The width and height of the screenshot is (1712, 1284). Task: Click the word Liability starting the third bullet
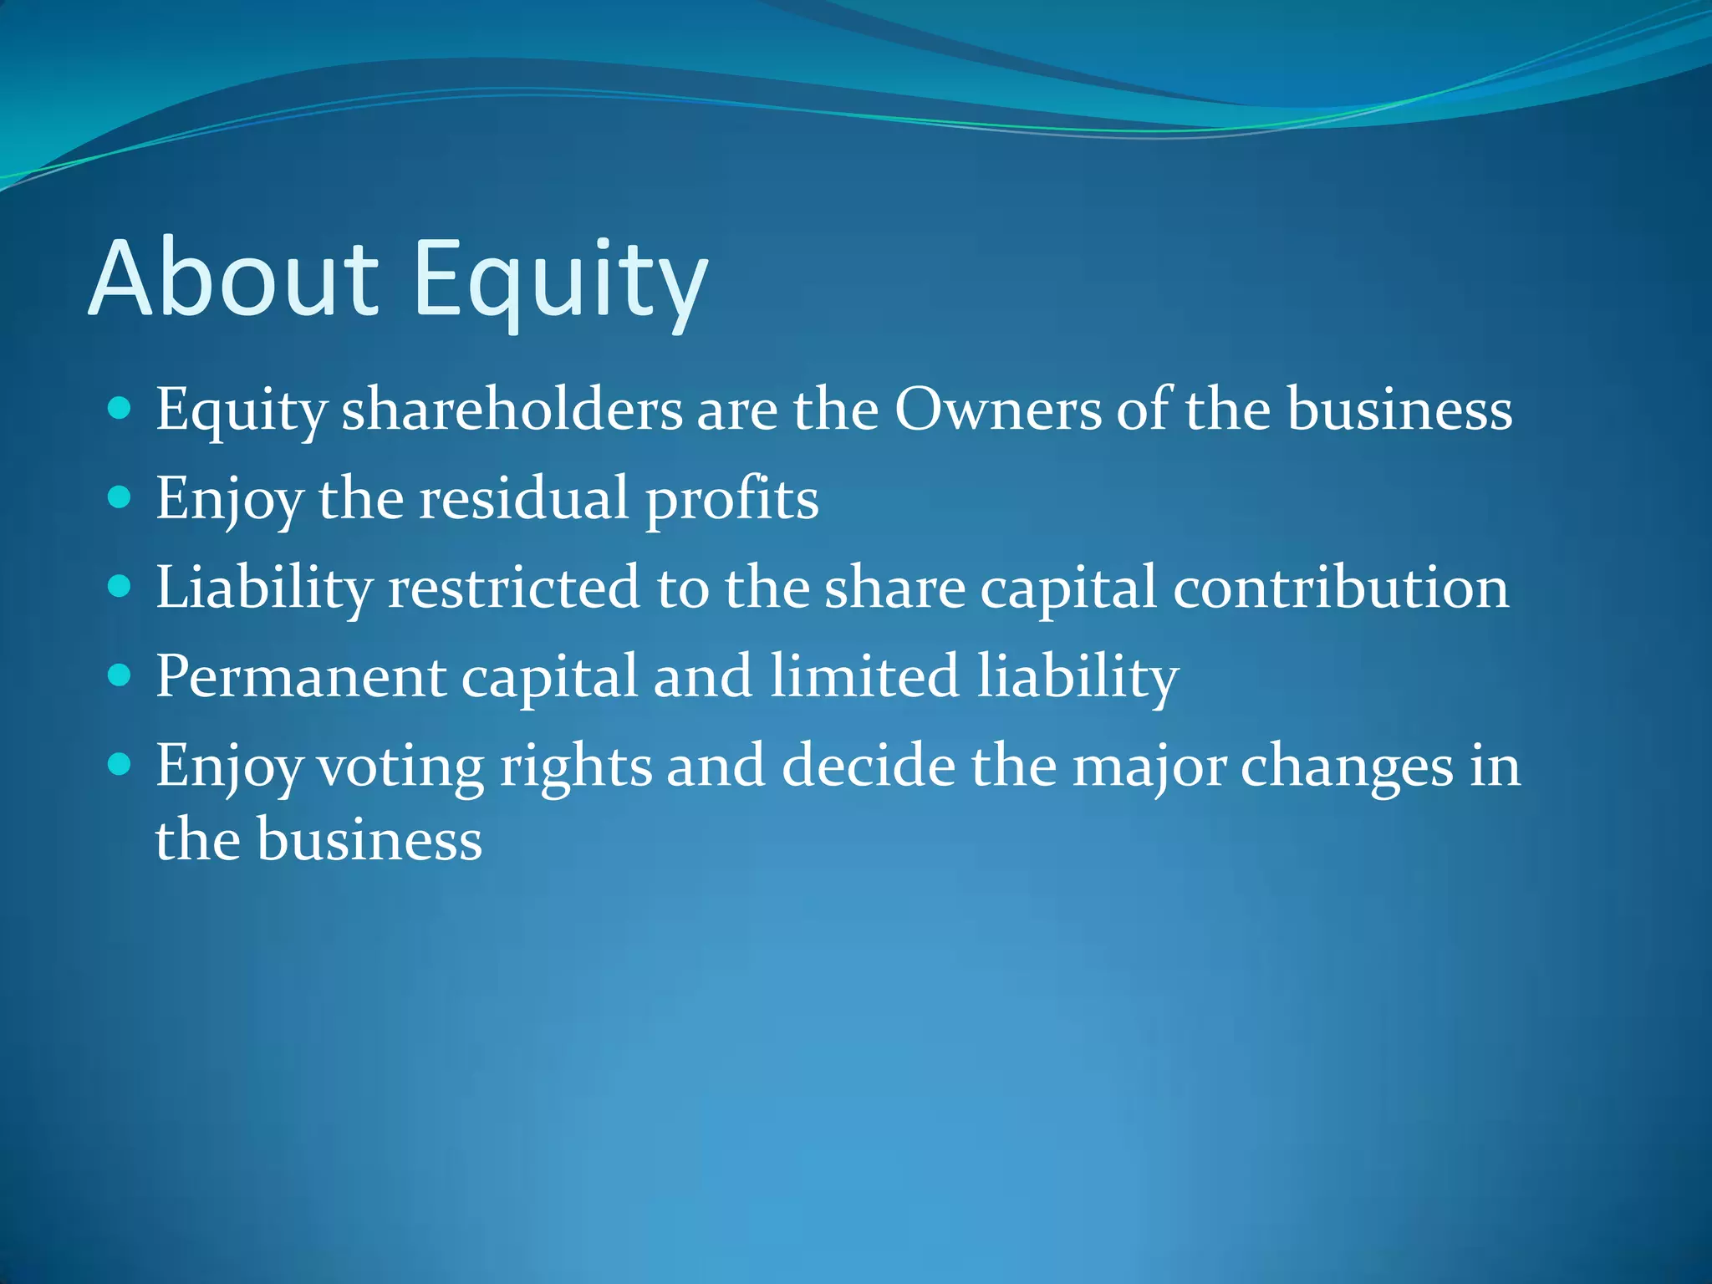click(x=263, y=588)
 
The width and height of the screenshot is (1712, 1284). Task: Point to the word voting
click(x=401, y=767)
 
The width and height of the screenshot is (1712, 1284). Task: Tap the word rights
click(x=576, y=767)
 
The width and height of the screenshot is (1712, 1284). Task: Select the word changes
click(x=1347, y=767)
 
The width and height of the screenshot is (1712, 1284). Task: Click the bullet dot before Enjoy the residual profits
click(x=120, y=498)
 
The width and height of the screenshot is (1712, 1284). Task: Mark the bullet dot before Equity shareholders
click(x=120, y=409)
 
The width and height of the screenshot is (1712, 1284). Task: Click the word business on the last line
click(x=369, y=839)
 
